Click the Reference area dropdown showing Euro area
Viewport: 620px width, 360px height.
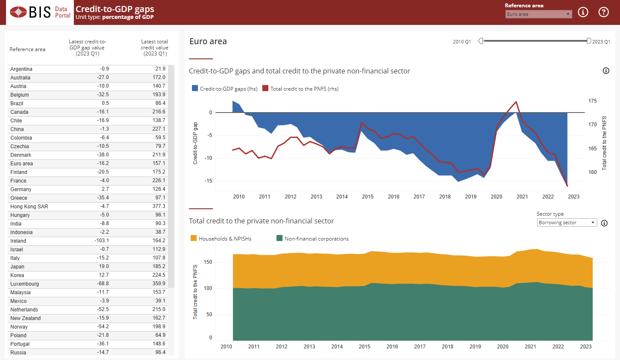tap(538, 14)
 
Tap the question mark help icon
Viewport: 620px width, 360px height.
tap(604, 12)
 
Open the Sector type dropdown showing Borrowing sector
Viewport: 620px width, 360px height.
tap(567, 223)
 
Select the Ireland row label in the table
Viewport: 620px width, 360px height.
tap(18, 241)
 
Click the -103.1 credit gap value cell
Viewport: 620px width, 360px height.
tap(102, 241)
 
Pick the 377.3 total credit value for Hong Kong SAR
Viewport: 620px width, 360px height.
tap(158, 207)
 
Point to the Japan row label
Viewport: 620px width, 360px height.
tap(17, 267)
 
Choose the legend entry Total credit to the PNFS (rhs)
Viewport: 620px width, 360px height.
tap(301, 88)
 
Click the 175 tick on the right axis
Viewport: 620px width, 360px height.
tap(593, 101)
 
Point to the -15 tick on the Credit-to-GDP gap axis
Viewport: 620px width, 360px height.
tap(209, 181)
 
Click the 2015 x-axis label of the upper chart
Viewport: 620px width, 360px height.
tap(368, 197)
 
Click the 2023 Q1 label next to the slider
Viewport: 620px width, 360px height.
tap(601, 42)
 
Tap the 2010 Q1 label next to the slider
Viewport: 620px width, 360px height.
tap(462, 42)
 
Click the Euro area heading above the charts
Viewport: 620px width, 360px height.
tap(208, 42)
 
